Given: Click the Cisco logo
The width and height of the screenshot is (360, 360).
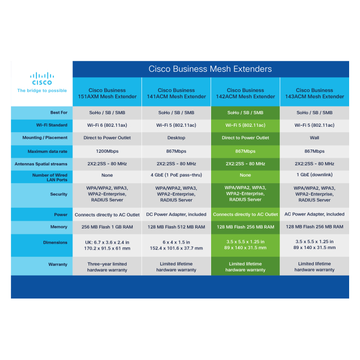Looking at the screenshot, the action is point(42,79).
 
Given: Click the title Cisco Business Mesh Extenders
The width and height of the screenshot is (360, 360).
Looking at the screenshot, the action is point(210,69).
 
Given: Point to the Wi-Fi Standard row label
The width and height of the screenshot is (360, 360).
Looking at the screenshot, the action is point(52,125).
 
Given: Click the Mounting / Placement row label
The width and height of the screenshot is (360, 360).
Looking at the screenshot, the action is point(45,138).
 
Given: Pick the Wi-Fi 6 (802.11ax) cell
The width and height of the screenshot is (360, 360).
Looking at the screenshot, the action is point(107,125).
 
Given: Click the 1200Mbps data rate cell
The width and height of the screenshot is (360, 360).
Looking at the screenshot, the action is point(107,151).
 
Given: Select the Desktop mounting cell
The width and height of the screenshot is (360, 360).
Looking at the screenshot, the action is point(176,138).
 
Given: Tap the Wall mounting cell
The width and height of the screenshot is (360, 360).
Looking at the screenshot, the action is point(314,138).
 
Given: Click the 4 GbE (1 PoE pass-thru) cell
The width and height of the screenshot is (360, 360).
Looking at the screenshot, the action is point(176,175).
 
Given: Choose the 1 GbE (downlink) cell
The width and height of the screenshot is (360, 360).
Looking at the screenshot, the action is point(314,175).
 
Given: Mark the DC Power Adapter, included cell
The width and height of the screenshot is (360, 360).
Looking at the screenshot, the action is point(176,214).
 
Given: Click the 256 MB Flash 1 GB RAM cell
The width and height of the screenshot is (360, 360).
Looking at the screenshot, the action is point(107,227).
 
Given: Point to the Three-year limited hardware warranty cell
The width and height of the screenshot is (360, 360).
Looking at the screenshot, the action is point(107,267).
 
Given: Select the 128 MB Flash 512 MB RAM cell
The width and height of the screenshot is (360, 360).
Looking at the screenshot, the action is point(176,227).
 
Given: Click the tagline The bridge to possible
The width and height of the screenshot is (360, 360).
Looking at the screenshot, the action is point(42,90).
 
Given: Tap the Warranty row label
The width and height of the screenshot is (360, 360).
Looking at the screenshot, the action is point(58,264).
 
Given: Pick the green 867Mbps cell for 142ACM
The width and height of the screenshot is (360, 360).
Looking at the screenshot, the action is point(245,151).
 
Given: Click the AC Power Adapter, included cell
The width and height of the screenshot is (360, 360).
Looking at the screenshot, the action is point(314,214).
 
